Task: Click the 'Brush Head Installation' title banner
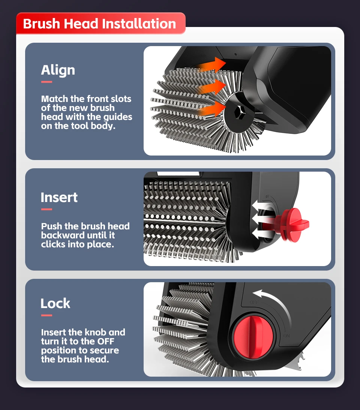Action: (x=101, y=23)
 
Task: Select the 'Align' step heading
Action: (x=58, y=70)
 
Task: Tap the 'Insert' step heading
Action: (x=59, y=198)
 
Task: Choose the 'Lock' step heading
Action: (x=55, y=303)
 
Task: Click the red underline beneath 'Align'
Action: (x=46, y=82)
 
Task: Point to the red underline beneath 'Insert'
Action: (x=46, y=209)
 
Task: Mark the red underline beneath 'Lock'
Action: (x=46, y=315)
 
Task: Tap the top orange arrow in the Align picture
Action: (x=212, y=64)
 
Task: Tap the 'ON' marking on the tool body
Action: (x=286, y=336)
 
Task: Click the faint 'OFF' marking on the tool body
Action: (x=254, y=302)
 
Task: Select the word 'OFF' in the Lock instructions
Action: (x=106, y=341)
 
